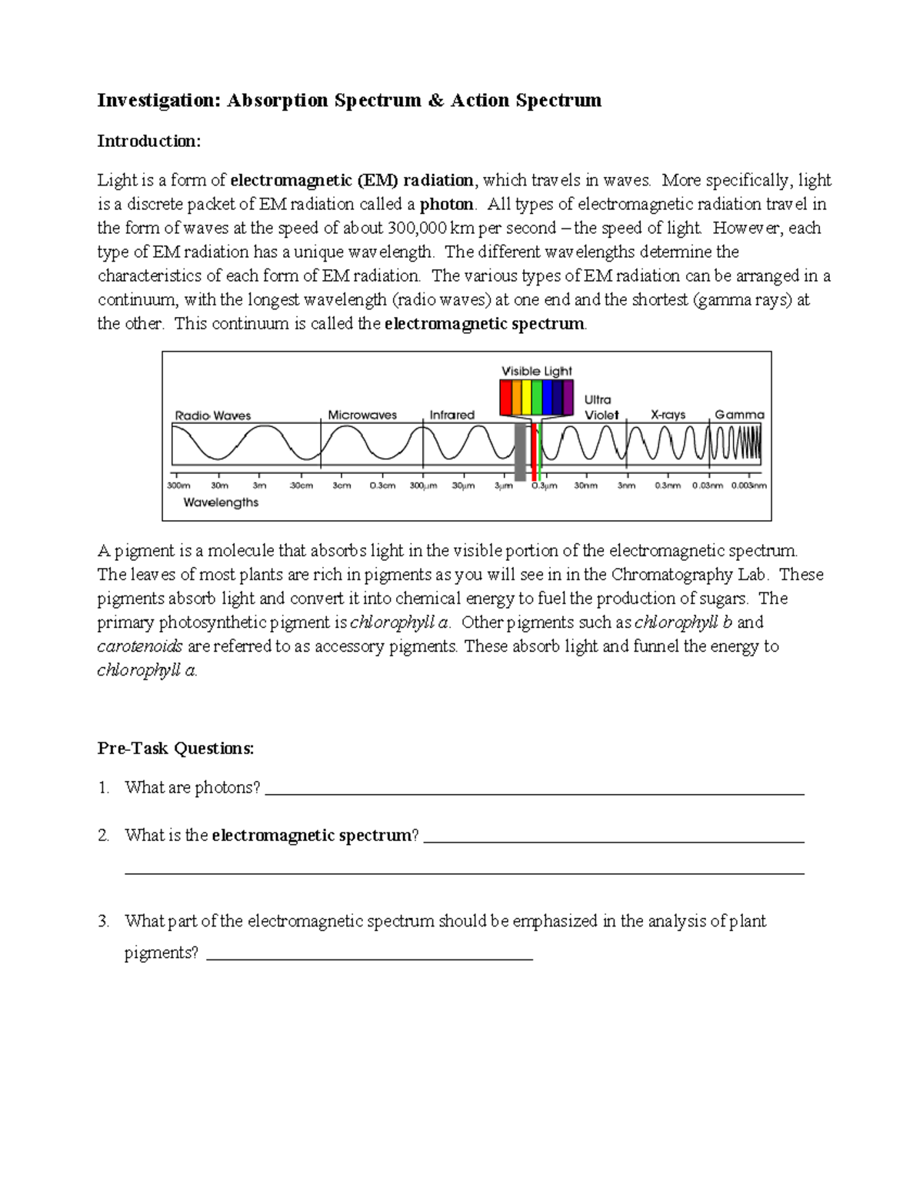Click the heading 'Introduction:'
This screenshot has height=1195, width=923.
pos(148,141)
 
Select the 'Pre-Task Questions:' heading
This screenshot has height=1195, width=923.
pos(175,748)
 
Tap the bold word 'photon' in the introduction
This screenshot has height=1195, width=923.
pos(446,204)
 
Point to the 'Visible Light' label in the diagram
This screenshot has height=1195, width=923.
pos(537,371)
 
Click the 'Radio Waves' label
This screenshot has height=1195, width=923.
pos(213,416)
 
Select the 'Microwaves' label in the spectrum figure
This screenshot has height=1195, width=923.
pos(362,415)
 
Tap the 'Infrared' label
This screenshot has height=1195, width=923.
pos(452,415)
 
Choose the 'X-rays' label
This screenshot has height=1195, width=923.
pos(668,415)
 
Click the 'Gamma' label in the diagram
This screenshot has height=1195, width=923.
pos(739,415)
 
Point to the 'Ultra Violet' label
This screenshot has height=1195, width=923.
pos(600,407)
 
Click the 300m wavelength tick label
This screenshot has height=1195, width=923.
pos(178,486)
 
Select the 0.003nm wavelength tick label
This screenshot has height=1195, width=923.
pos(749,486)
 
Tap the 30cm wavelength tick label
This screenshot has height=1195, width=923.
pos(301,486)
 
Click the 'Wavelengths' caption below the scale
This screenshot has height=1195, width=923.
pos(221,502)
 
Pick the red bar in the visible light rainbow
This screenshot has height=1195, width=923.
pos(505,398)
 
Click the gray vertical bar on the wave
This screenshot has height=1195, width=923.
pos(520,452)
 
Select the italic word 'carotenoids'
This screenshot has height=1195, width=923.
pos(140,646)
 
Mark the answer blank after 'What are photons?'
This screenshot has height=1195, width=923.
pos(535,792)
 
